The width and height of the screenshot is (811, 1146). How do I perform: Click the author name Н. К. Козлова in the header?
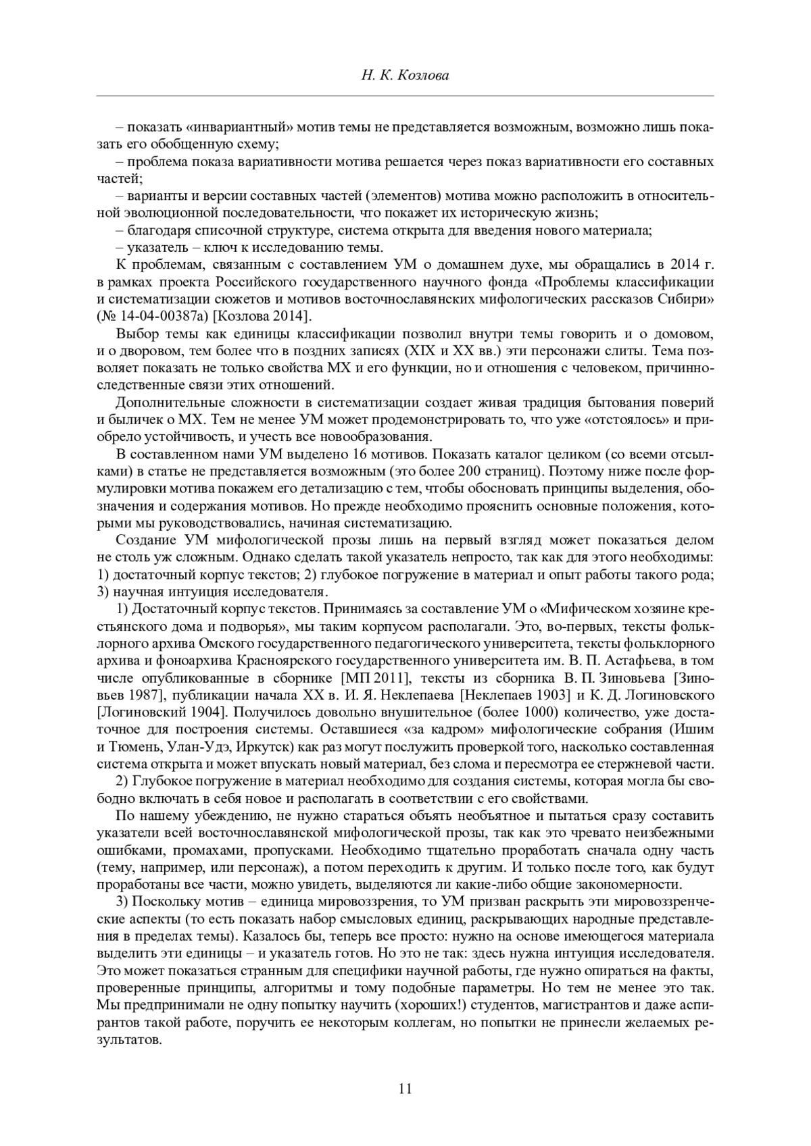[x=405, y=76]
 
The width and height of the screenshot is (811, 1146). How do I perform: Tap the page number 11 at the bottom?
[x=405, y=1088]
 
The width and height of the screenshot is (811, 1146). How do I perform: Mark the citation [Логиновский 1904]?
[x=157, y=712]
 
